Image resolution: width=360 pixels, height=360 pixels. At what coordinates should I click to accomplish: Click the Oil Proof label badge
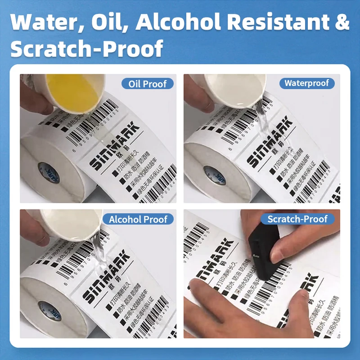148,84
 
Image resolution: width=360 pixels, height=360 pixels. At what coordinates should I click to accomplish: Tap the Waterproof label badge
306,83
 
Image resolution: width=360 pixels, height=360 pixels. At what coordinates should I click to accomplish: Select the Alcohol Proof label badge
141,219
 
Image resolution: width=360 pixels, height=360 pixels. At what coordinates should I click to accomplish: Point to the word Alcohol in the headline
186,22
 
